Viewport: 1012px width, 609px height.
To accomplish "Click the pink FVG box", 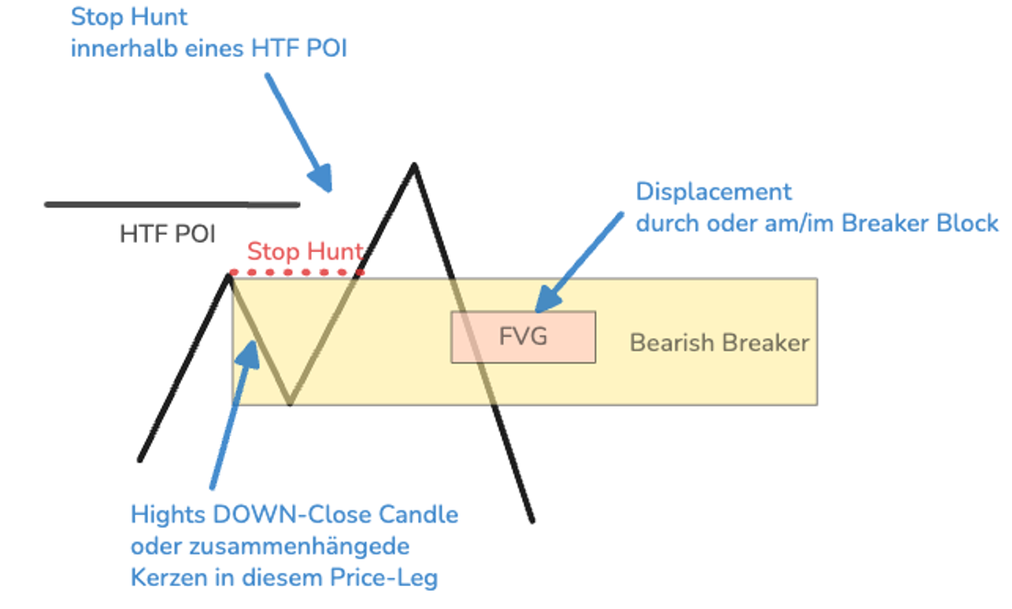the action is click(523, 337).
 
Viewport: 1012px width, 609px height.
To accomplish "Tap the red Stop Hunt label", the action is click(305, 251).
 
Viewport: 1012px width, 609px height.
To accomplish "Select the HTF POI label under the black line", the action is click(167, 234).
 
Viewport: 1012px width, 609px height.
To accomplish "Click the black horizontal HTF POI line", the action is click(172, 205).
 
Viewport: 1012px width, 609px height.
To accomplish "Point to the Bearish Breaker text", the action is click(719, 343).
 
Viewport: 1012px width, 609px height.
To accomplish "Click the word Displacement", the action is click(713, 191).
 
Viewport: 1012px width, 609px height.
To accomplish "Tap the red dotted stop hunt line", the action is click(297, 273).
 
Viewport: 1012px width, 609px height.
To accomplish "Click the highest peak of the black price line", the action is click(415, 166).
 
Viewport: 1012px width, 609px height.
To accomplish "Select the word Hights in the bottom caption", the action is click(169, 515).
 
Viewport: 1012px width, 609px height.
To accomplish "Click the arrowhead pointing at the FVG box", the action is click(547, 299).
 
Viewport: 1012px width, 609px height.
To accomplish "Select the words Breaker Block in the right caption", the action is click(920, 224).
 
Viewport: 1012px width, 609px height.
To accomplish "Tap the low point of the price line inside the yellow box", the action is click(290, 403).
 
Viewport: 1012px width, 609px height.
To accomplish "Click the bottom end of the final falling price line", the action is click(532, 520).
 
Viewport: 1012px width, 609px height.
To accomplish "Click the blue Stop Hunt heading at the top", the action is click(129, 17).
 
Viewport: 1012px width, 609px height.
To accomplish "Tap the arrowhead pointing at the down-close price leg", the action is click(248, 354).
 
